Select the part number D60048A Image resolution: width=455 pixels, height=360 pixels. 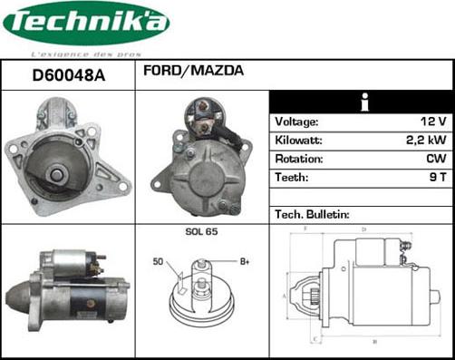[x=68, y=76]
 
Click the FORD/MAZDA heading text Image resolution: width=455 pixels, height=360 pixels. [x=192, y=70]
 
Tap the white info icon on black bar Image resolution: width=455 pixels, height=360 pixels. [x=362, y=101]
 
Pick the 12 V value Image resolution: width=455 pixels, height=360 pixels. [x=435, y=121]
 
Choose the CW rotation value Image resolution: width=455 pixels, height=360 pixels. [x=437, y=159]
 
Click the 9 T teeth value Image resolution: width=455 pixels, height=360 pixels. [x=439, y=178]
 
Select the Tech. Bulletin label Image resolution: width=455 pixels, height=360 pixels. [x=312, y=215]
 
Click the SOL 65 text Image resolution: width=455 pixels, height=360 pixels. [x=201, y=233]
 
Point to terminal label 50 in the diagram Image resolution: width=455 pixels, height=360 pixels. [x=158, y=262]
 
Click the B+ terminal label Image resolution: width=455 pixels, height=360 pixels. [x=245, y=262]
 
